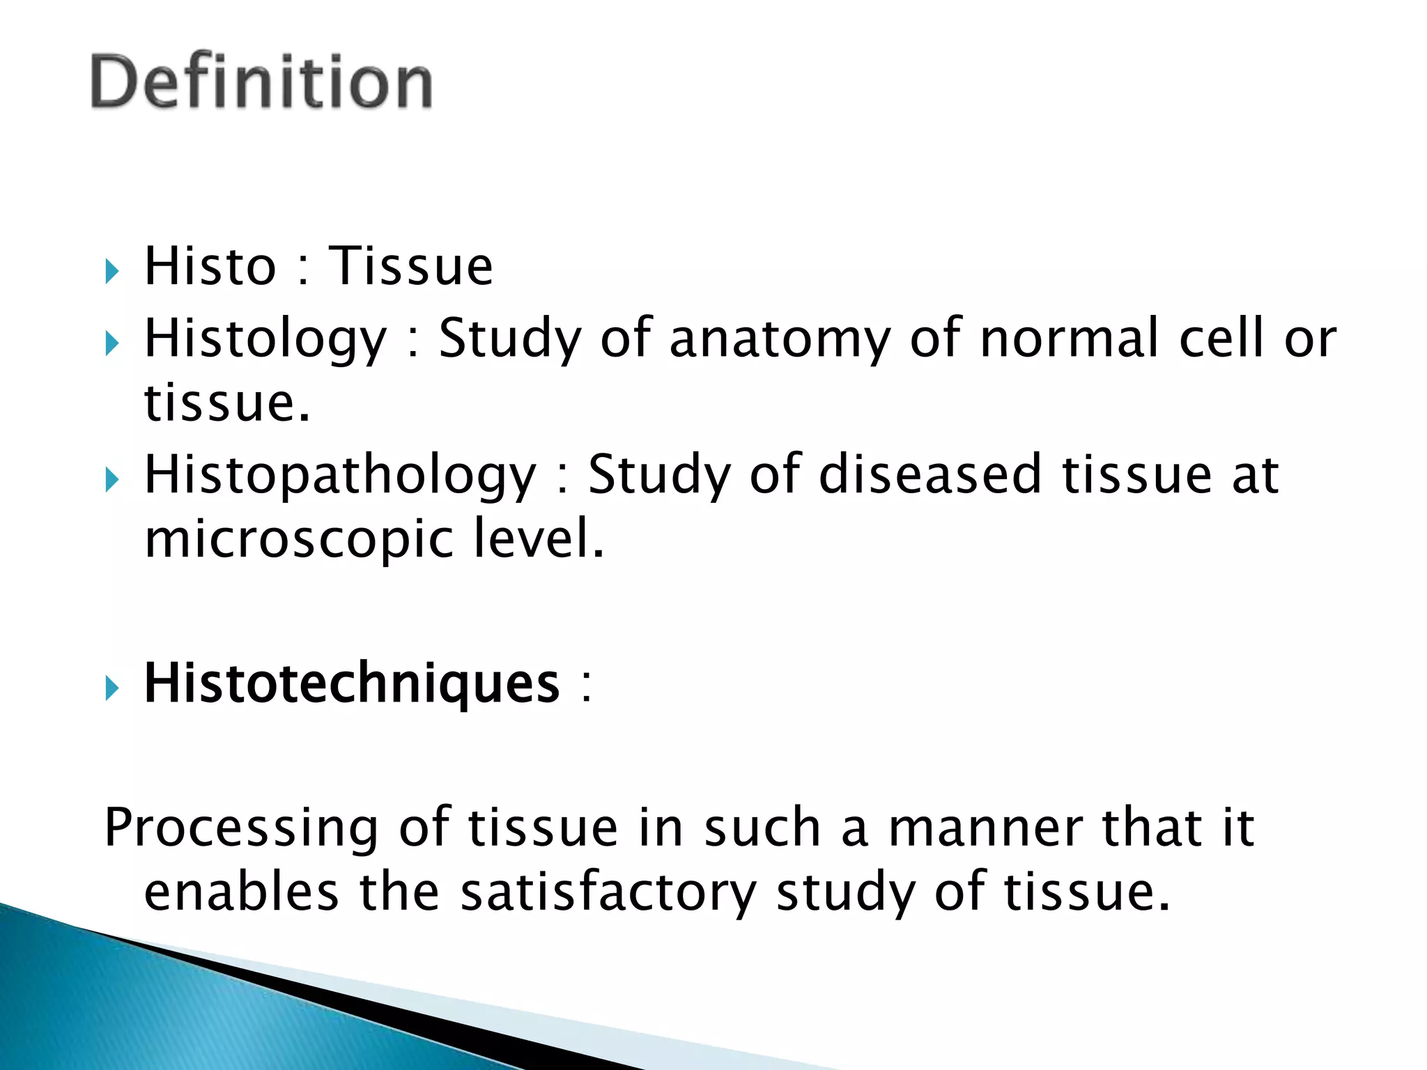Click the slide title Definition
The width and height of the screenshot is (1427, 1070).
point(261,82)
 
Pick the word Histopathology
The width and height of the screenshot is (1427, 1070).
point(340,476)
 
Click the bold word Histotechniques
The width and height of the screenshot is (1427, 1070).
point(351,683)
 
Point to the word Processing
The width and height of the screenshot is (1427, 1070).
point(241,828)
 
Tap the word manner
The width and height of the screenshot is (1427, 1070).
point(985,828)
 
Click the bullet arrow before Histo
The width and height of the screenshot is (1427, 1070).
point(112,270)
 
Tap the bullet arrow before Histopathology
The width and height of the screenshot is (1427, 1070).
point(112,480)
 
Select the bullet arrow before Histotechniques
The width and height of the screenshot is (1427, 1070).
point(112,688)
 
